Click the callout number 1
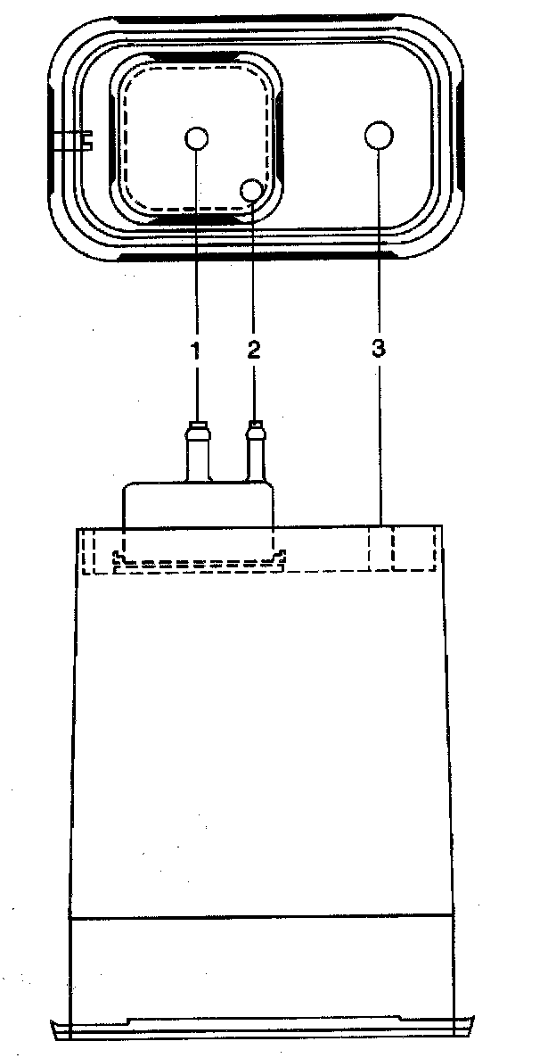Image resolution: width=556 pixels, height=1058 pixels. (195, 350)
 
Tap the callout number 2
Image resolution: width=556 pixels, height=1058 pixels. (254, 350)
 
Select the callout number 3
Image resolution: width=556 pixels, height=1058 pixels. (378, 350)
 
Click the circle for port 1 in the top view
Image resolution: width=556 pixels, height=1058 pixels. (197, 138)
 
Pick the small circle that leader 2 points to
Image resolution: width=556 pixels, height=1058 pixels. (253, 189)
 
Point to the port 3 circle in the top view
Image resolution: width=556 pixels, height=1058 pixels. (379, 136)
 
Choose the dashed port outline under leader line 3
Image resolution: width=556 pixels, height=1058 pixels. (380, 549)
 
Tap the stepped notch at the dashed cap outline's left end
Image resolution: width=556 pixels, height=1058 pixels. (120, 558)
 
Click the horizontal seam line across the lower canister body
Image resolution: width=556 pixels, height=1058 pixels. (258, 916)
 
